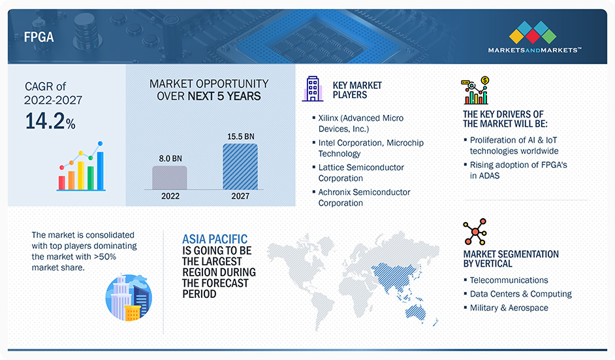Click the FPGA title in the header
point(39,38)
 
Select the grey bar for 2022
point(170,178)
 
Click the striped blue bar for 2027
point(240,167)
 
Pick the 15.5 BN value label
point(240,136)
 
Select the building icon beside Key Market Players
point(313,88)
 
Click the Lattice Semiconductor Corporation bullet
point(360,172)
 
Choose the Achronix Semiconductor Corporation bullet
point(364,197)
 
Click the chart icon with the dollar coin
point(476,91)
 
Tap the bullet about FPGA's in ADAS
point(518,170)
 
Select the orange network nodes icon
point(475,232)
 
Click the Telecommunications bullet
point(509,280)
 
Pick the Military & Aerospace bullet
point(509,308)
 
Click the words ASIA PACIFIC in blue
point(215,239)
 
